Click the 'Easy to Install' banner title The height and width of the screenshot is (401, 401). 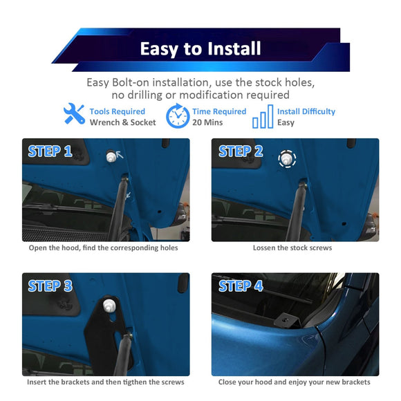200,48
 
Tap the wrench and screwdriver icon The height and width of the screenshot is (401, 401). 74,115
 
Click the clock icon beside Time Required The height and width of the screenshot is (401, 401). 178,116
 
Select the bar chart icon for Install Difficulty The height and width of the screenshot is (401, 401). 263,117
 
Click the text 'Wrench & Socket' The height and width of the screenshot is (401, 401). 122,122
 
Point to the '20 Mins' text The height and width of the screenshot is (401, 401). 207,122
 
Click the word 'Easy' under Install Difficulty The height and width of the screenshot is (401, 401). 286,122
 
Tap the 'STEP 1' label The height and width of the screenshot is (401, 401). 50,151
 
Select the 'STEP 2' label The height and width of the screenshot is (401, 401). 241,151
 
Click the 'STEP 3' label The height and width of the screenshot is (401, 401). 50,286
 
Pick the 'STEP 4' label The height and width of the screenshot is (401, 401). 241,286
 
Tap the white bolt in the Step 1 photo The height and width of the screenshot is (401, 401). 109,157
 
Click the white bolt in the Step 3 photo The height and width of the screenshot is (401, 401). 109,304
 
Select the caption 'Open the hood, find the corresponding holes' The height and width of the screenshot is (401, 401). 103,248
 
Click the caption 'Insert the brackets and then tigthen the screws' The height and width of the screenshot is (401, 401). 105,382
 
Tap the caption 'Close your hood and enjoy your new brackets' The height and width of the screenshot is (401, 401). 295,382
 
